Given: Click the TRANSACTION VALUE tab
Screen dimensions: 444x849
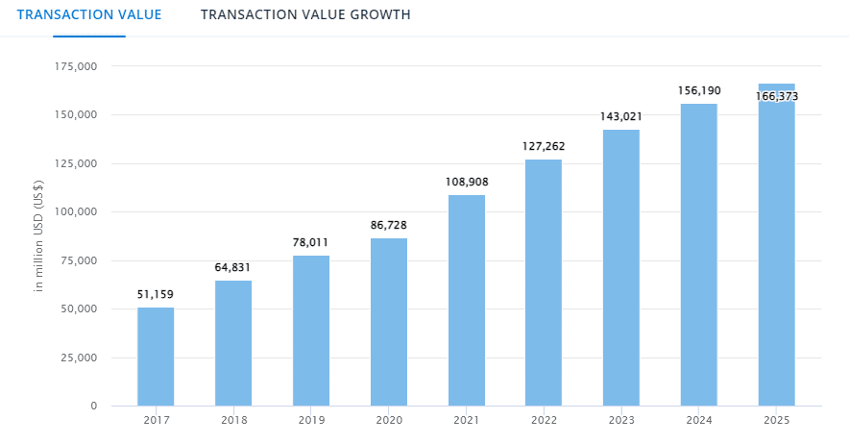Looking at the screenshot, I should [x=88, y=14].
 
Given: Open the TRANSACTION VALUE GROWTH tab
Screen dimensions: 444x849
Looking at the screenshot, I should [x=305, y=14].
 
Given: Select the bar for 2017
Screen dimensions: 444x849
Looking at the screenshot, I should [x=156, y=357].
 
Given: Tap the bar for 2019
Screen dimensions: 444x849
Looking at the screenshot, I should [x=311, y=331].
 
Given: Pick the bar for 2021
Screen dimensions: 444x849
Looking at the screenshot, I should [x=466, y=301].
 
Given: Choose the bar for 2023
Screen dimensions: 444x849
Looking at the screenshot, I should [x=621, y=268].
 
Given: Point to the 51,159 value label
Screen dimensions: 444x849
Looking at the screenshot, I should [x=156, y=294].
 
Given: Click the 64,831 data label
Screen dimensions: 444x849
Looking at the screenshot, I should [x=233, y=267].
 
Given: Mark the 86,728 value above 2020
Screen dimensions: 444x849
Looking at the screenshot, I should [x=389, y=225].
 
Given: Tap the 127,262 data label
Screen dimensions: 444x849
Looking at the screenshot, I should [x=544, y=147].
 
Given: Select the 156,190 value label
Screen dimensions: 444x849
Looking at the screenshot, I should [x=699, y=90].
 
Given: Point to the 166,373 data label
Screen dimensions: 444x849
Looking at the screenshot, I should [x=776, y=96].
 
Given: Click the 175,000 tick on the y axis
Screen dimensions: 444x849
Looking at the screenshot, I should [x=77, y=66].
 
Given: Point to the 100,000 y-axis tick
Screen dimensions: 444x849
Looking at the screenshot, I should [x=77, y=211].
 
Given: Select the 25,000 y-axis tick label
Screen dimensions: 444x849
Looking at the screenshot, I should [x=80, y=358].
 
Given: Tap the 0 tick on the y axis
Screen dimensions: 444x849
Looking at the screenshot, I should [x=94, y=406].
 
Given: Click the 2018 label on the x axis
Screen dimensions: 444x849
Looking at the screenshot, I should [x=233, y=422].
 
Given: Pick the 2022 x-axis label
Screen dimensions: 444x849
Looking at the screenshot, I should [x=544, y=422].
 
